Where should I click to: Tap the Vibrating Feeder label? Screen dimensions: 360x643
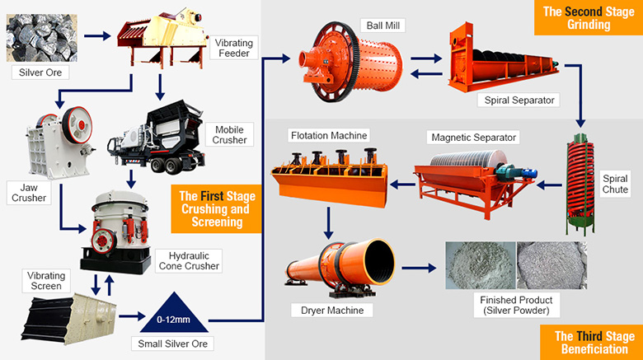tap(233, 47)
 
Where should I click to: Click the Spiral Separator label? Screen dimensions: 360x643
tap(517, 100)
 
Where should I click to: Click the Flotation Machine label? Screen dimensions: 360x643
tap(328, 135)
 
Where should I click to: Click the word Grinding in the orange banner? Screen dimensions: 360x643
tap(587, 25)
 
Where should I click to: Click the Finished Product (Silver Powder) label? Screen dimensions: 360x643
tap(516, 306)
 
